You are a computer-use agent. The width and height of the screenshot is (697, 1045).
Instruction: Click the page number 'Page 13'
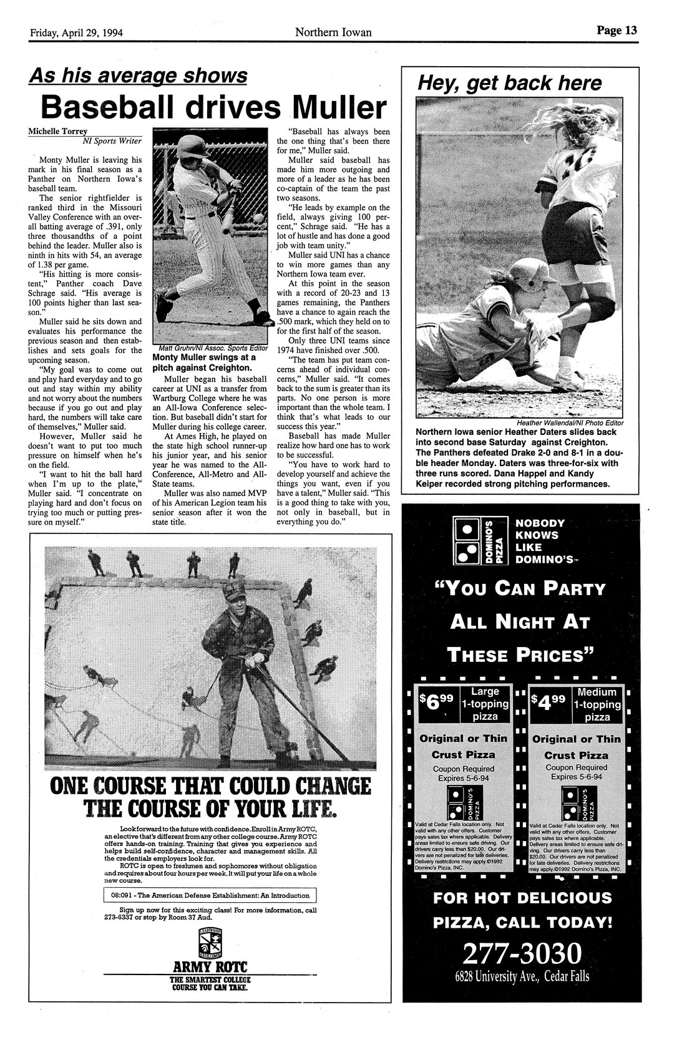pyautogui.click(x=616, y=31)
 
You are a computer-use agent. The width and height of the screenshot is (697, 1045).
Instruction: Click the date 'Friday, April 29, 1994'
pyautogui.click(x=77, y=32)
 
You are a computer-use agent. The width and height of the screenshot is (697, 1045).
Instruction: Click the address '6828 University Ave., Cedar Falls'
pyautogui.click(x=522, y=977)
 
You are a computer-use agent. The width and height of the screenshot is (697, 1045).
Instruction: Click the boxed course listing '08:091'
pyautogui.click(x=210, y=895)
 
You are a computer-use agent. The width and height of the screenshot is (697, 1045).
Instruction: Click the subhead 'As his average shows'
pyautogui.click(x=139, y=76)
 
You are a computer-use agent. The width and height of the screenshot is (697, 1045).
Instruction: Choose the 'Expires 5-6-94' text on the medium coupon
pyautogui.click(x=576, y=777)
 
